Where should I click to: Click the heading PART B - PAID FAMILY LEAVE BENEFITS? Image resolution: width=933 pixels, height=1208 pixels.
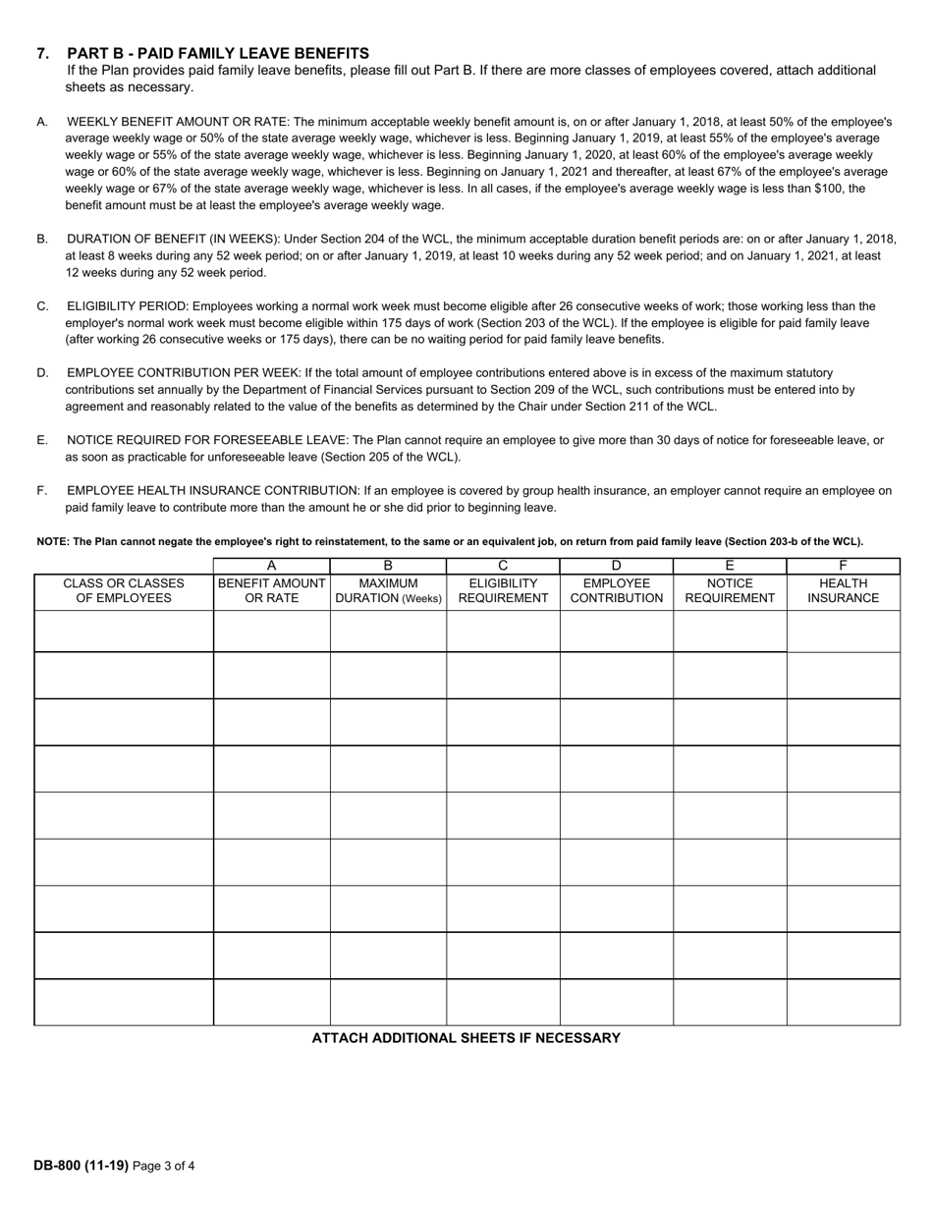(x=218, y=53)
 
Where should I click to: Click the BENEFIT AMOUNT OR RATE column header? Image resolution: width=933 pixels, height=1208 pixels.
(x=271, y=590)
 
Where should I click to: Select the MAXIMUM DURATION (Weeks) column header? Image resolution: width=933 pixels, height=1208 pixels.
(x=388, y=590)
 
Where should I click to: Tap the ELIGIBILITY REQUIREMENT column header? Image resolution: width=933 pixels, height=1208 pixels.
(x=503, y=590)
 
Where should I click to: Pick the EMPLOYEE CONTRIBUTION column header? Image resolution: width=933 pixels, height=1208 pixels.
(x=616, y=590)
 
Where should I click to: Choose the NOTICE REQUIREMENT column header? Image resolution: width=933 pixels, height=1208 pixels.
(x=730, y=590)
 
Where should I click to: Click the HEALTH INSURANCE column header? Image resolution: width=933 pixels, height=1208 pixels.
(x=843, y=590)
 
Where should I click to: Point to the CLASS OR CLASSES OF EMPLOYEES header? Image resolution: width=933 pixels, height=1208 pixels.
(x=124, y=590)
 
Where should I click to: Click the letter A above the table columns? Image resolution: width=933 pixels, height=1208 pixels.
(x=271, y=566)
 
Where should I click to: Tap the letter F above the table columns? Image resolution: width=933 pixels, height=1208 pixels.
(x=843, y=566)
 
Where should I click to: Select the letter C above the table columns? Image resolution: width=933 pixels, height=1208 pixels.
(x=503, y=566)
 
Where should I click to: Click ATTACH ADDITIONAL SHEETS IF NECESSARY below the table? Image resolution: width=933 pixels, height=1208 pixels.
(x=466, y=1038)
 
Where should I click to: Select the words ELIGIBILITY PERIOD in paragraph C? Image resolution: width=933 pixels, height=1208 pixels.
(x=126, y=306)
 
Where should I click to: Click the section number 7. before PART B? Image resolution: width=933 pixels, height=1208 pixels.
(x=43, y=53)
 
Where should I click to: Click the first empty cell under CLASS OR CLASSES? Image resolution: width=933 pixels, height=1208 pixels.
(x=124, y=631)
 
